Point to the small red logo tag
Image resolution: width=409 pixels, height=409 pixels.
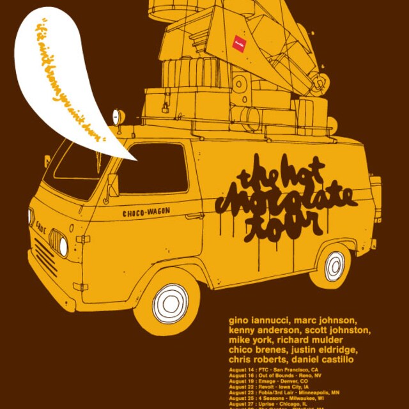[x=240, y=39]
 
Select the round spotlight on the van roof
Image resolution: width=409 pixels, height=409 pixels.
[x=118, y=117]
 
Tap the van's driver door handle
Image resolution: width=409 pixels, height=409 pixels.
[x=193, y=216]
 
